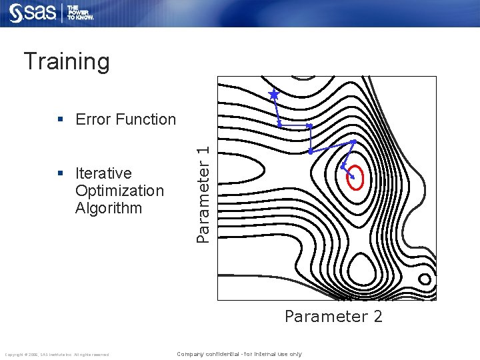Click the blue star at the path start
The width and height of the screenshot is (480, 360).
273,95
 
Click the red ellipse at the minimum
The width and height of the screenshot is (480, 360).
355,177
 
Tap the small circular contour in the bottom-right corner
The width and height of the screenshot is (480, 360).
424,279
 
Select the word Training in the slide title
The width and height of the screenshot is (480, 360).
67,61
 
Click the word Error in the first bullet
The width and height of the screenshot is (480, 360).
93,119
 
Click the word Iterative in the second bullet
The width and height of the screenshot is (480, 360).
103,173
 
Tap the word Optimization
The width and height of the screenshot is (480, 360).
119,191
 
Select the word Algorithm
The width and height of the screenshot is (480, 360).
109,208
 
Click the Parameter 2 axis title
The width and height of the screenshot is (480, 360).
333,316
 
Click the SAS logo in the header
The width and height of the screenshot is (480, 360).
33,13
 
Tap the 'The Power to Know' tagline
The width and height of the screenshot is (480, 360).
80,13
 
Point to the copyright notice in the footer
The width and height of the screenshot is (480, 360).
56,354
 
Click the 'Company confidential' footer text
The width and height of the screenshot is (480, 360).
239,354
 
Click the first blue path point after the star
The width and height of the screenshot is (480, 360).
279,125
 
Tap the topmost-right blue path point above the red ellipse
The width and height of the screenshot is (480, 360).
353,141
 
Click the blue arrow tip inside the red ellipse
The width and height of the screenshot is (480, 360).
351,176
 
